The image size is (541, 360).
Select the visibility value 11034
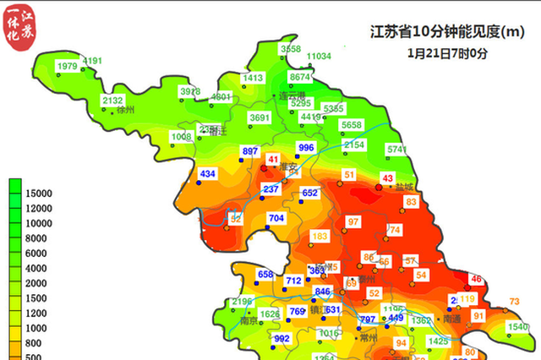(319, 57)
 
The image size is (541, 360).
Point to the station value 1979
(67, 66)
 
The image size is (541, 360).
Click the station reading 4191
(92, 61)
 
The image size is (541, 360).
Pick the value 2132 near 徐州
(112, 101)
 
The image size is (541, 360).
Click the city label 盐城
(404, 187)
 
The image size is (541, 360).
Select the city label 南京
(249, 321)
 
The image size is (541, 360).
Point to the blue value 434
(208, 174)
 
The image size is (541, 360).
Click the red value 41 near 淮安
(272, 159)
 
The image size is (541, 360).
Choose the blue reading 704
(276, 218)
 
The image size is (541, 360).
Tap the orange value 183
(320, 236)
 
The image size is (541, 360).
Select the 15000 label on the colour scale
(40, 194)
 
